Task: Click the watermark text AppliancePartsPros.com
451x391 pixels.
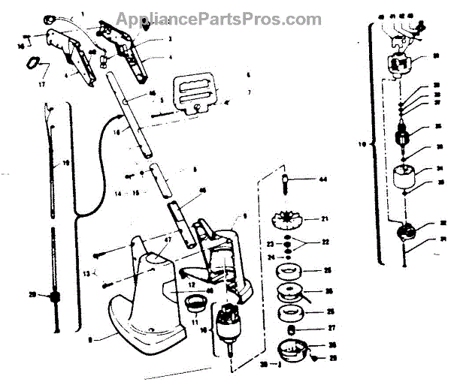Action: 219,18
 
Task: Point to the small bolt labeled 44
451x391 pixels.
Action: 286,182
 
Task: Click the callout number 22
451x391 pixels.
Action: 325,242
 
